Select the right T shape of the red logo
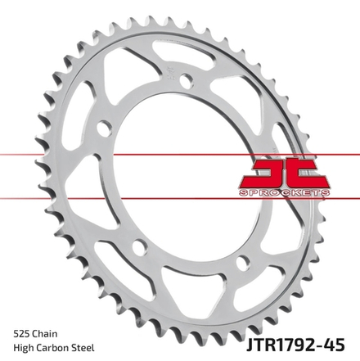coord(307,174)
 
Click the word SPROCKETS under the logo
coord(284,193)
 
